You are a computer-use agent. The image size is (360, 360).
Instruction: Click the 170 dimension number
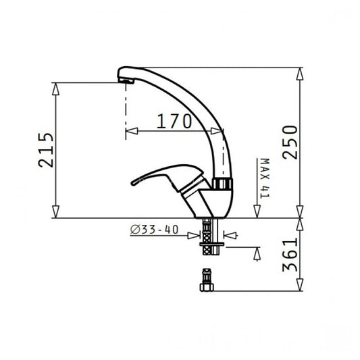click(174, 121)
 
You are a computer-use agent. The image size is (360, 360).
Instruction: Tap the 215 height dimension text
click(46, 150)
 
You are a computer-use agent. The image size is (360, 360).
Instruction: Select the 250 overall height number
click(290, 143)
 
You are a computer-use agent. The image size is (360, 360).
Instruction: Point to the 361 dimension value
click(290, 255)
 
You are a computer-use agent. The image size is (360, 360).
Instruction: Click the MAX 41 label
click(264, 178)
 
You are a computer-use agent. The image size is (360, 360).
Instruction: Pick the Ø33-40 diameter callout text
click(154, 230)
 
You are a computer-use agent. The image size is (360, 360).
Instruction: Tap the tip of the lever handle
click(132, 183)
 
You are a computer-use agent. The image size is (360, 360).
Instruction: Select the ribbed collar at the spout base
click(222, 184)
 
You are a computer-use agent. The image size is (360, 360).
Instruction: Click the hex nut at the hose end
click(207, 287)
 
